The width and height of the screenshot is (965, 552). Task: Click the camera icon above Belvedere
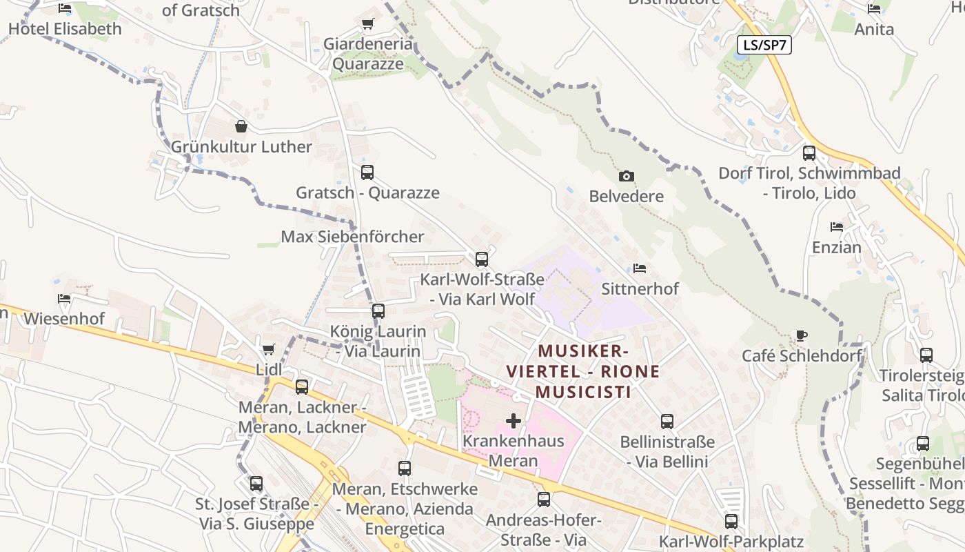626,177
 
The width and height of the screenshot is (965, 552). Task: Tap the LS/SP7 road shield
764,46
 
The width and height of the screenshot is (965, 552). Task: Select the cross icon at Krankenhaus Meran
514,420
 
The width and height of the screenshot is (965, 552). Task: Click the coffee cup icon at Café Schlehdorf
801,336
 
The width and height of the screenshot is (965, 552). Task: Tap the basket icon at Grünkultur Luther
241,126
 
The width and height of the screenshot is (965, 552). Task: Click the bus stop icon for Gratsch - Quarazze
367,172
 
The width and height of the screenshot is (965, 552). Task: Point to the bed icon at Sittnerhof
640,268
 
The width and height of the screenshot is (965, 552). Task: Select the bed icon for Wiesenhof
64,299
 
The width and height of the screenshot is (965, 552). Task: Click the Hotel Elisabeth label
65,29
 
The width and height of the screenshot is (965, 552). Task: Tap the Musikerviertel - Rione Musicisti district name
583,371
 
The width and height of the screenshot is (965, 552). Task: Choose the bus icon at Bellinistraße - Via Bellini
667,421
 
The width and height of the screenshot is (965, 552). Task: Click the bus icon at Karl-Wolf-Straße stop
482,259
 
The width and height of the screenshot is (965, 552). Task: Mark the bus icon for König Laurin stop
378,311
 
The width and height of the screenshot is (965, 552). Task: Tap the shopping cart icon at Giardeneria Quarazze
368,24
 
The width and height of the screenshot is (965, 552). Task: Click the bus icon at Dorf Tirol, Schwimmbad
809,153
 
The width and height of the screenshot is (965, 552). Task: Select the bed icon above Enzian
837,227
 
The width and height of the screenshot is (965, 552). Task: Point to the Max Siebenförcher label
352,237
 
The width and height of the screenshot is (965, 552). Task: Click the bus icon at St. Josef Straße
256,484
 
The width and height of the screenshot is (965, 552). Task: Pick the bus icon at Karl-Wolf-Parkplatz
731,522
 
